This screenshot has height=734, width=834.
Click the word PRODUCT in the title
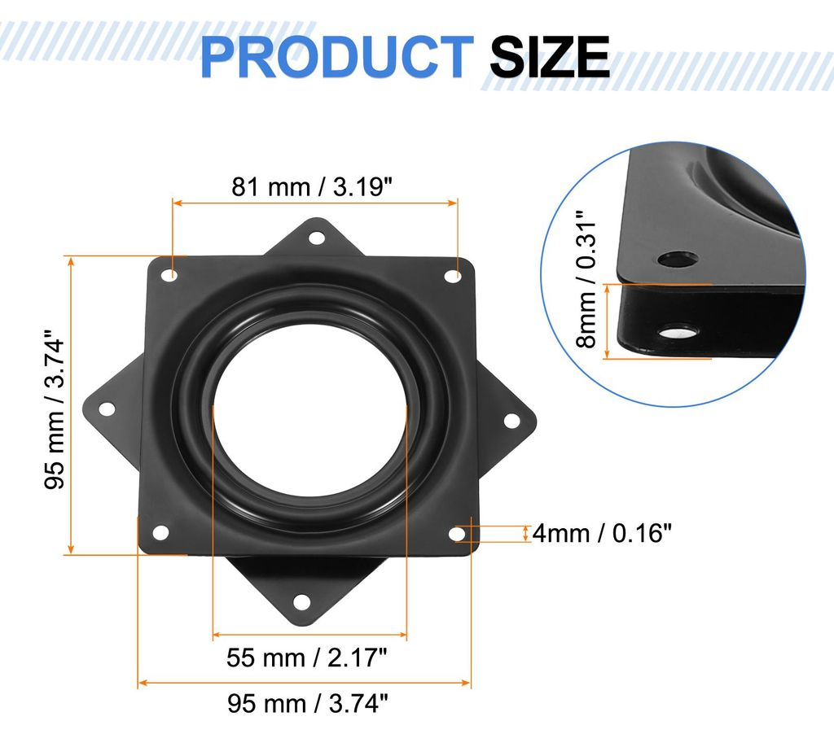[336, 57]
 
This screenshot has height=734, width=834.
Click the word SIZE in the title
[550, 57]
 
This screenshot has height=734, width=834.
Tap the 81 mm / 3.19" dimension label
[312, 187]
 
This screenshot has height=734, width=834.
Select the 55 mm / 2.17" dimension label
[307, 658]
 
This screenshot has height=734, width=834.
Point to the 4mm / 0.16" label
[602, 532]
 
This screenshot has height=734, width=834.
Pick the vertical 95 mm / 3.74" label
[55, 409]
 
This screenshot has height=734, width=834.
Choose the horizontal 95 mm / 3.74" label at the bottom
[308, 704]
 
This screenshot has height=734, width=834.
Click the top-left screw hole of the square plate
[169, 275]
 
